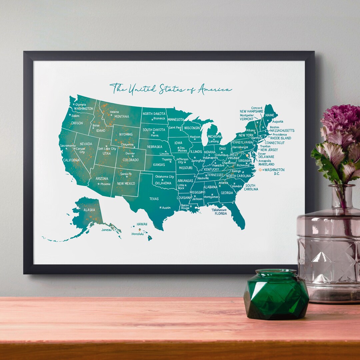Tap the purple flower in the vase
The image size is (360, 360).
pyautogui.click(x=340, y=120)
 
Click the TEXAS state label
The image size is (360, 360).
pyautogui.click(x=154, y=199)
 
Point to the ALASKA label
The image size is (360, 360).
pyautogui.click(x=89, y=210)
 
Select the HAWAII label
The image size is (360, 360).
pyautogui.click(x=142, y=224)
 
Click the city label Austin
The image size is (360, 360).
pyautogui.click(x=166, y=208)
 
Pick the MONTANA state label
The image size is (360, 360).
pyautogui.click(x=122, y=116)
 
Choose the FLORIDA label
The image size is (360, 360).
pyautogui.click(x=221, y=213)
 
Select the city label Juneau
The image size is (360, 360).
pyautogui.click(x=106, y=229)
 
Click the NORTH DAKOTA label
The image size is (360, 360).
pyautogui.click(x=154, y=113)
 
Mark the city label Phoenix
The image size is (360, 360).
pyautogui.click(x=105, y=184)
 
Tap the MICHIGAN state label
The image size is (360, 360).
pyautogui.click(x=214, y=137)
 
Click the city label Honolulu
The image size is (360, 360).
pyautogui.click(x=137, y=234)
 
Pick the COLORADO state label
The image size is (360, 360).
pyautogui.click(x=131, y=160)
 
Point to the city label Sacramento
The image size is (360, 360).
pyautogui.click(x=68, y=146)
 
